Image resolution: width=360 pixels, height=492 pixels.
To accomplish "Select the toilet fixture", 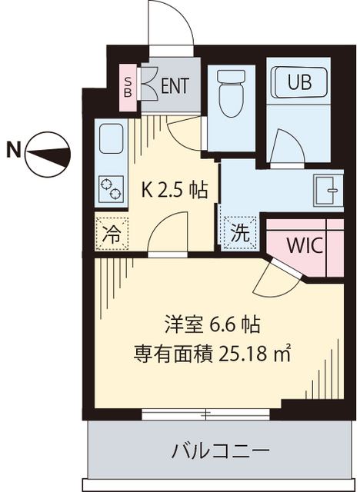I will tap(232, 94).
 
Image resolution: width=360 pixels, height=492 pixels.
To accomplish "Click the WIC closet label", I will tap(304, 246).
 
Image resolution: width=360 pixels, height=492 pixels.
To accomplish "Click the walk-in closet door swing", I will tap(273, 281).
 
